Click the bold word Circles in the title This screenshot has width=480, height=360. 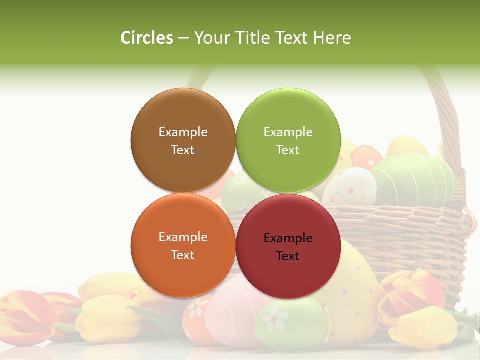(147, 37)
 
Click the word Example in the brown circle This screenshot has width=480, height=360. (183, 132)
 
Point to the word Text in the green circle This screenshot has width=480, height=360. (288, 150)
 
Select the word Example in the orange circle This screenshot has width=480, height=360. (183, 237)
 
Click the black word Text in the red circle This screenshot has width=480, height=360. (288, 256)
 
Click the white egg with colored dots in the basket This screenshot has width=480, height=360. (352, 186)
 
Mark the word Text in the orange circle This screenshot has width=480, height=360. (183, 255)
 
